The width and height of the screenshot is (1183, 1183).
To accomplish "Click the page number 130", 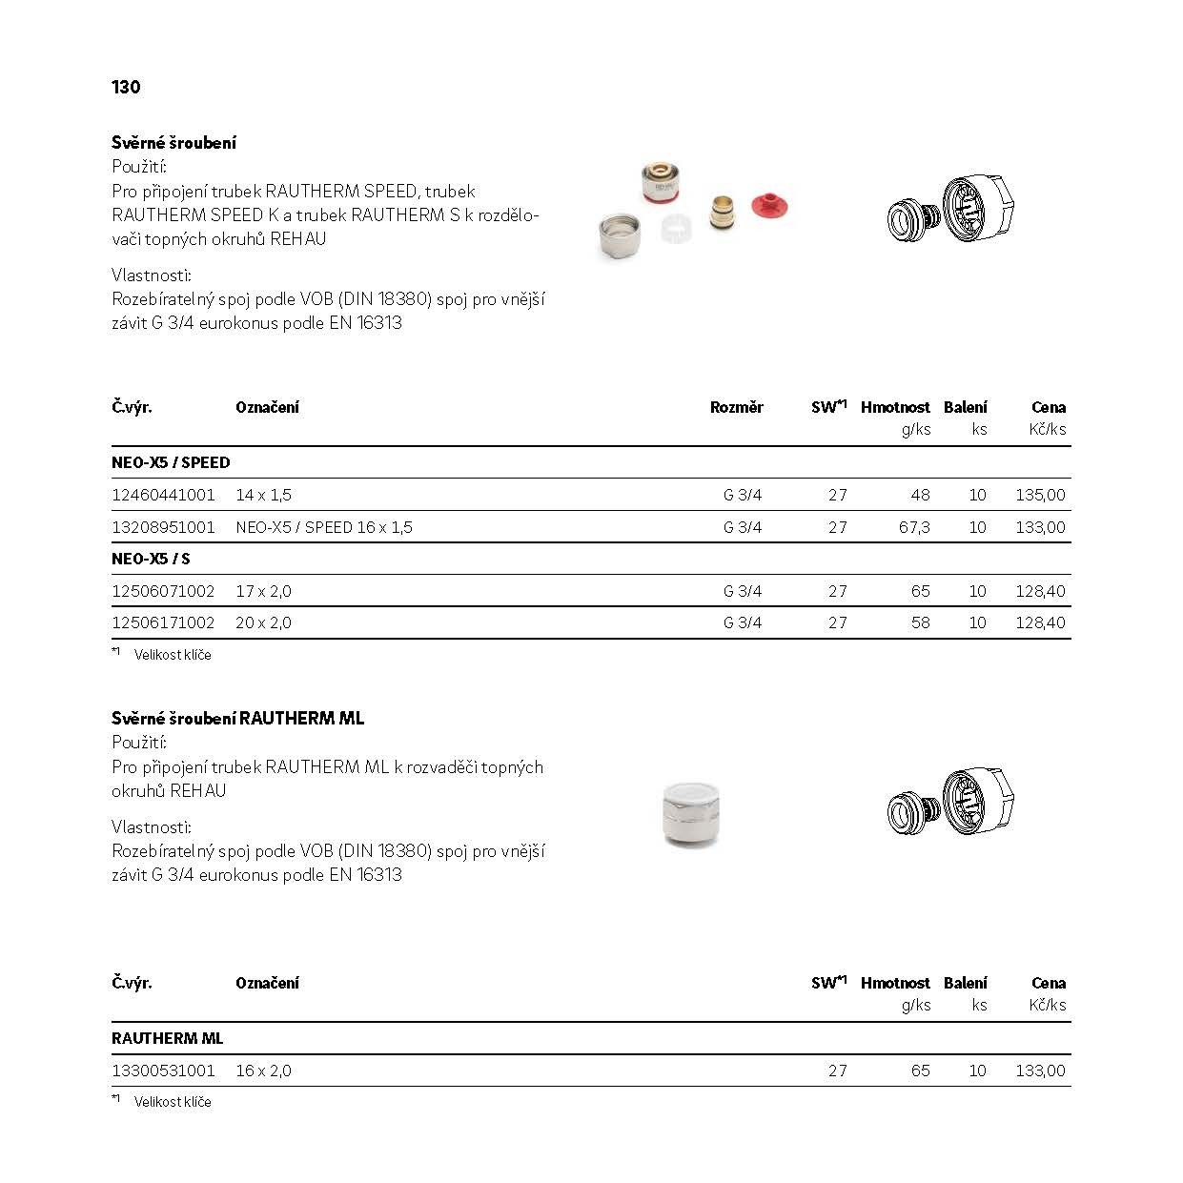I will tap(126, 87).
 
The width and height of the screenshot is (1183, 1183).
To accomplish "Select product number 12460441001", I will tap(163, 495).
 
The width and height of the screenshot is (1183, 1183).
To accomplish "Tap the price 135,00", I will tap(1040, 495).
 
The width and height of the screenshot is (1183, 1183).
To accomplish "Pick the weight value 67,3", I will tap(913, 527).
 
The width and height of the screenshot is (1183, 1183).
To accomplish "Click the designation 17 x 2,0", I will tap(263, 591).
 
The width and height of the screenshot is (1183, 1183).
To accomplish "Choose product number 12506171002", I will tap(163, 622).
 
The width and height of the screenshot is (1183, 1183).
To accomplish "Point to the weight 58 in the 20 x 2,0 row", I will tap(920, 622).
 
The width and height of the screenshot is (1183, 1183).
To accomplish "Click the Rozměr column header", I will tap(736, 407).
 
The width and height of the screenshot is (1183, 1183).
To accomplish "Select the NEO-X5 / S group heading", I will tap(151, 559).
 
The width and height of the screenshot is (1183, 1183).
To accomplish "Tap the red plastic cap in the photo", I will tap(770, 204).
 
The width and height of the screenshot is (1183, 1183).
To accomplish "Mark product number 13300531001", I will tap(163, 1071).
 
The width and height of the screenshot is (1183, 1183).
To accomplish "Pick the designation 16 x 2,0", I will tap(263, 1071).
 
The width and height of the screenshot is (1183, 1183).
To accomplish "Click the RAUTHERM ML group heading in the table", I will tap(167, 1038).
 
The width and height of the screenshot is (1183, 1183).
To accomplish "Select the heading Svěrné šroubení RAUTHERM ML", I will tap(237, 718).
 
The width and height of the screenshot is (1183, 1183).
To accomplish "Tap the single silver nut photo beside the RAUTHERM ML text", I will tap(691, 814).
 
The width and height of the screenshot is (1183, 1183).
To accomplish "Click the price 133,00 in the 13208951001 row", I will tap(1040, 527).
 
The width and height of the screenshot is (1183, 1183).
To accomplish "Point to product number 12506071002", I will tap(163, 591).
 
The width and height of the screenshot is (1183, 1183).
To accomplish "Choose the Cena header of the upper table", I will tap(1048, 407).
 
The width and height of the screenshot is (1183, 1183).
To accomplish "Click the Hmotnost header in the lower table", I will tap(894, 983).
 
